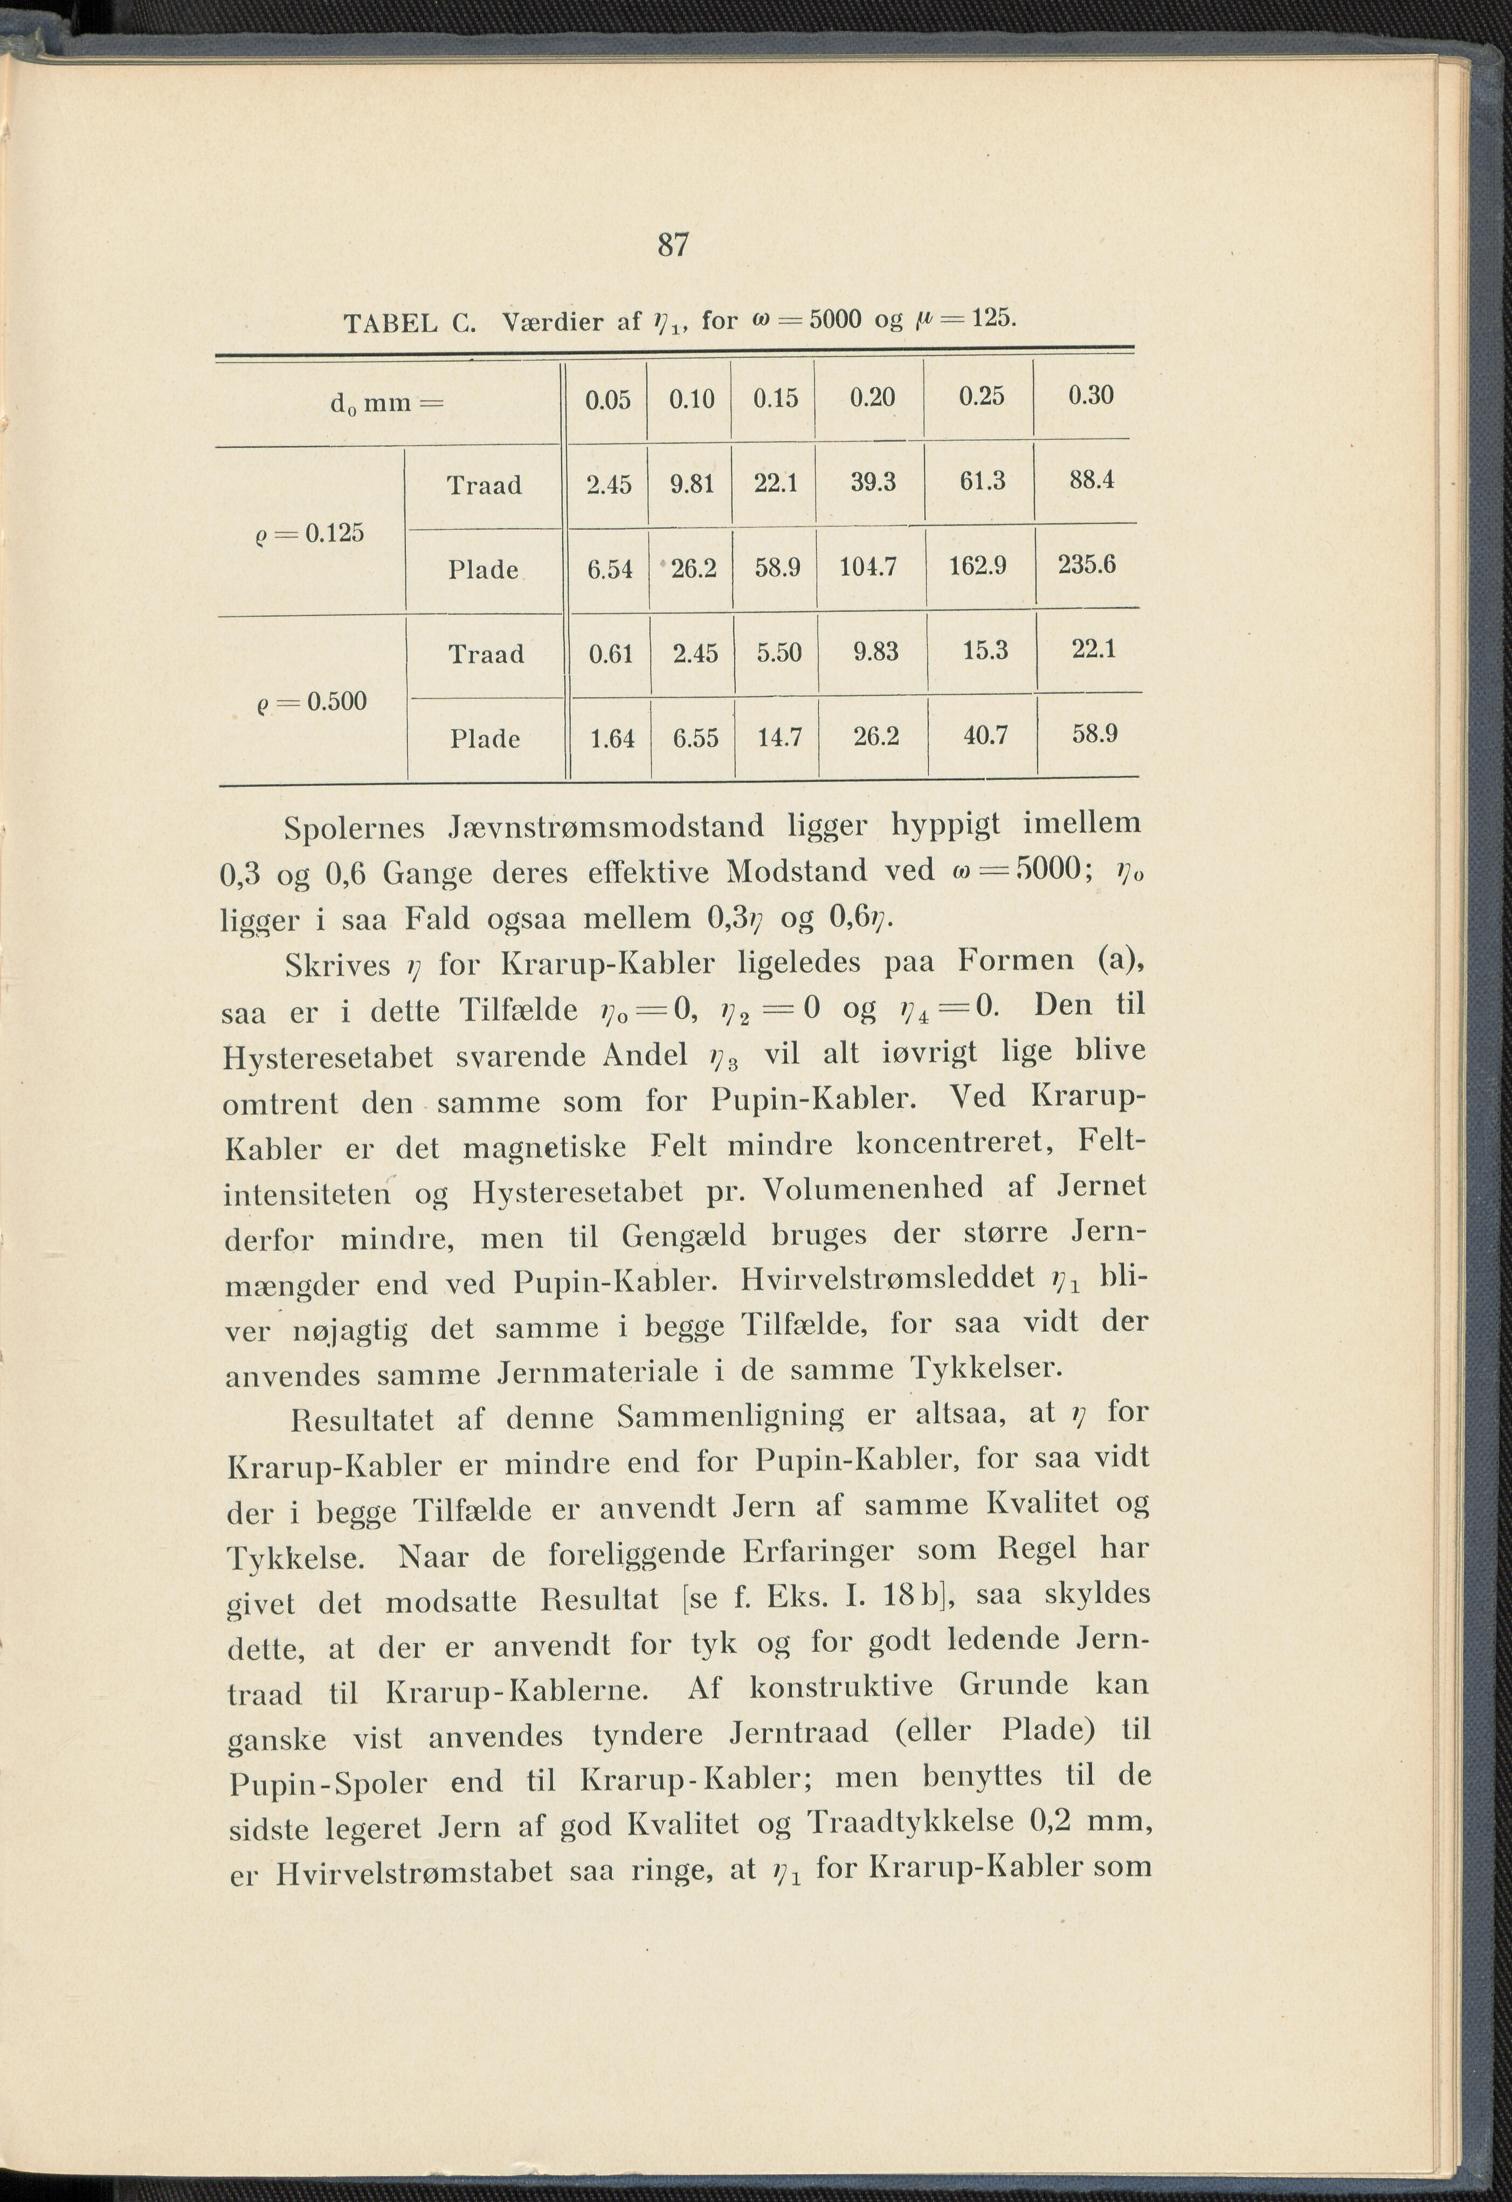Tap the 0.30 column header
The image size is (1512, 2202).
[1090, 395]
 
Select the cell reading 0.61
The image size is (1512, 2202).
[611, 654]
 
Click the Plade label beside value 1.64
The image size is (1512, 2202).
[485, 739]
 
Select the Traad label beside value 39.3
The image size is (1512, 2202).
[485, 485]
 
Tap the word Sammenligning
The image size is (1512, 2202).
[730, 1416]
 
